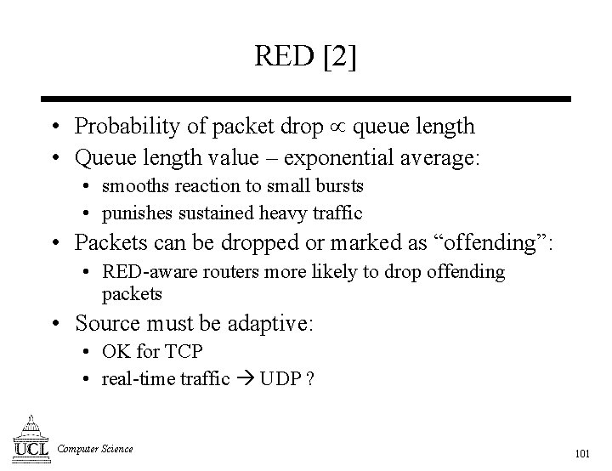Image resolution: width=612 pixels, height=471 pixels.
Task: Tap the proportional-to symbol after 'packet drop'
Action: [338, 128]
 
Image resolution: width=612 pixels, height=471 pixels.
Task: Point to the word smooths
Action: [133, 185]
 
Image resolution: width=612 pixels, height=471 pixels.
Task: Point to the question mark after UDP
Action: [310, 379]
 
